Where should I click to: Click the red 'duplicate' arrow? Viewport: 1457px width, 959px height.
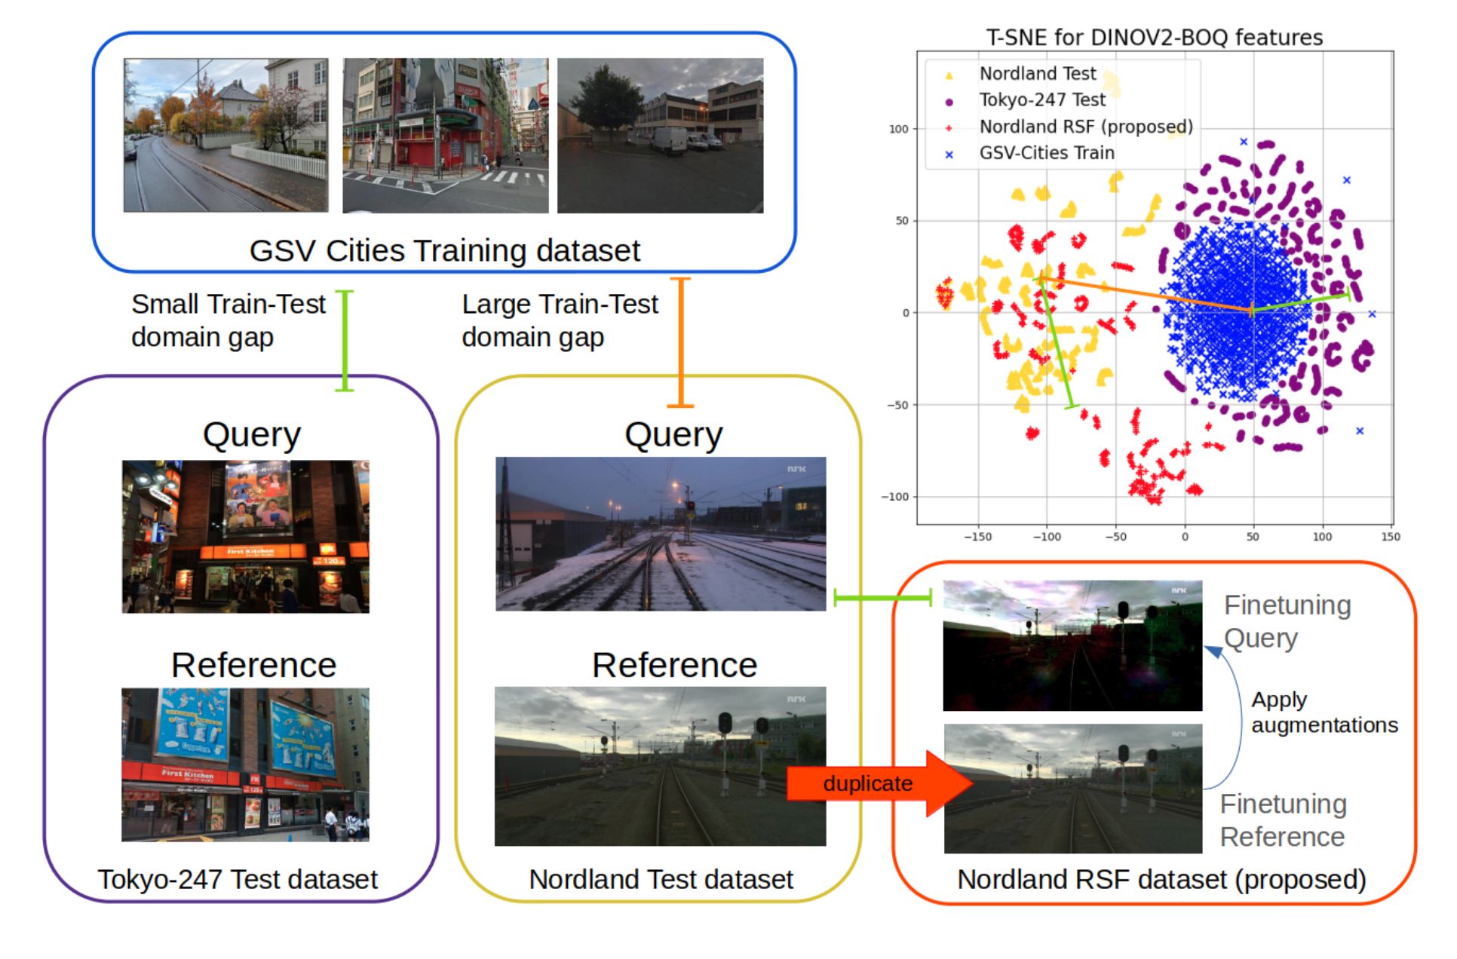pos(875,783)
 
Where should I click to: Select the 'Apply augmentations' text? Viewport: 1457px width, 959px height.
pos(1324,712)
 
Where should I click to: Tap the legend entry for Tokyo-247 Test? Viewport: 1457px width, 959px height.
pos(1041,100)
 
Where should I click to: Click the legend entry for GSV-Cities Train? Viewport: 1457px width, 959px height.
pos(1046,153)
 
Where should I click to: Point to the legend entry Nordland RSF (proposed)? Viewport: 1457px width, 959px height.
pos(1085,127)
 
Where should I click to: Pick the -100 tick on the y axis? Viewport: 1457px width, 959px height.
pos(895,497)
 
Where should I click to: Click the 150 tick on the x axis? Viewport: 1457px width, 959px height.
pos(1390,537)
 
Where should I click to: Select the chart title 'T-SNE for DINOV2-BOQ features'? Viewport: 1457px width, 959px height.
pos(1154,37)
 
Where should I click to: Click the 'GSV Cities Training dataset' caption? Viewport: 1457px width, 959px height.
pos(444,250)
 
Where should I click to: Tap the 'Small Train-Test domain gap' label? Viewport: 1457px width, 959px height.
pos(228,320)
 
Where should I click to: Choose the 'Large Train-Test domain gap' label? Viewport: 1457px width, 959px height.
pos(560,320)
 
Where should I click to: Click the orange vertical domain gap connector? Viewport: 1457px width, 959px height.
pos(681,342)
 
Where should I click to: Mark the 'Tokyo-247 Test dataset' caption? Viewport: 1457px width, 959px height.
pos(238,879)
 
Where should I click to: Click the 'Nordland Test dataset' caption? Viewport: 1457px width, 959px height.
pos(661,879)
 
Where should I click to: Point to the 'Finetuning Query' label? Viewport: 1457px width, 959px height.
pos(1287,621)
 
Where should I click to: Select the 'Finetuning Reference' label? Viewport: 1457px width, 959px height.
pos(1283,820)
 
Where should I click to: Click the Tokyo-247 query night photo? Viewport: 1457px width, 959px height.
pos(246,536)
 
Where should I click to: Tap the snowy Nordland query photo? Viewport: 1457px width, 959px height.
pos(661,534)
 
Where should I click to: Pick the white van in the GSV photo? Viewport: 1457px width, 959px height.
pos(669,141)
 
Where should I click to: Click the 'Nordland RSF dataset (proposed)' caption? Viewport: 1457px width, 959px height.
pos(1161,879)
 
